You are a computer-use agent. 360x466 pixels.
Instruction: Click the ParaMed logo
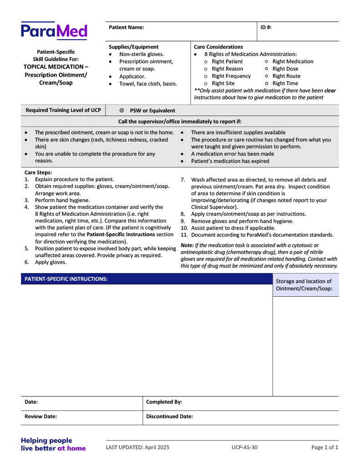click(x=54, y=31)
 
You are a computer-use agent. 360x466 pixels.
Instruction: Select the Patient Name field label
click(x=126, y=27)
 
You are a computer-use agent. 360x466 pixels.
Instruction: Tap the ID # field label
click(x=266, y=27)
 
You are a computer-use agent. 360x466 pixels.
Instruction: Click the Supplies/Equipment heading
click(x=133, y=47)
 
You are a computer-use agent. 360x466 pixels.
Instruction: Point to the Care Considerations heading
click(x=218, y=47)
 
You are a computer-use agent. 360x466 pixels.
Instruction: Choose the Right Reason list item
click(x=227, y=69)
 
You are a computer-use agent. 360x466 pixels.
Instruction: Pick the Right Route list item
click(x=286, y=76)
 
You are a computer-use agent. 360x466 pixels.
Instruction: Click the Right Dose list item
click(x=285, y=69)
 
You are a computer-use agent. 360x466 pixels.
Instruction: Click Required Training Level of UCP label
click(x=63, y=110)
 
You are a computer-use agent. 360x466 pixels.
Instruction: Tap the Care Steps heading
click(x=38, y=172)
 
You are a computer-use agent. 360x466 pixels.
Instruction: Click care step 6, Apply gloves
click(x=51, y=262)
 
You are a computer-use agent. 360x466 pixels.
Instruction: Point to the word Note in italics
click(x=187, y=245)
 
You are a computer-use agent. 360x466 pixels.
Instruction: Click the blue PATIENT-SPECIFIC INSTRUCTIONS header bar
click(x=146, y=279)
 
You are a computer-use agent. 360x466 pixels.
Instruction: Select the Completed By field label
click(x=164, y=402)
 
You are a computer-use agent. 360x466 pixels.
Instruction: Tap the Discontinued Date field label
click(x=169, y=416)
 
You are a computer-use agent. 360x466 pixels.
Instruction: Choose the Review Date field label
click(x=41, y=416)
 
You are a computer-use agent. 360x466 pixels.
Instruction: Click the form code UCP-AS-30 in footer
click(x=244, y=447)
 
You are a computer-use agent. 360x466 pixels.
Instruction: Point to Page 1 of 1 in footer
click(x=325, y=447)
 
